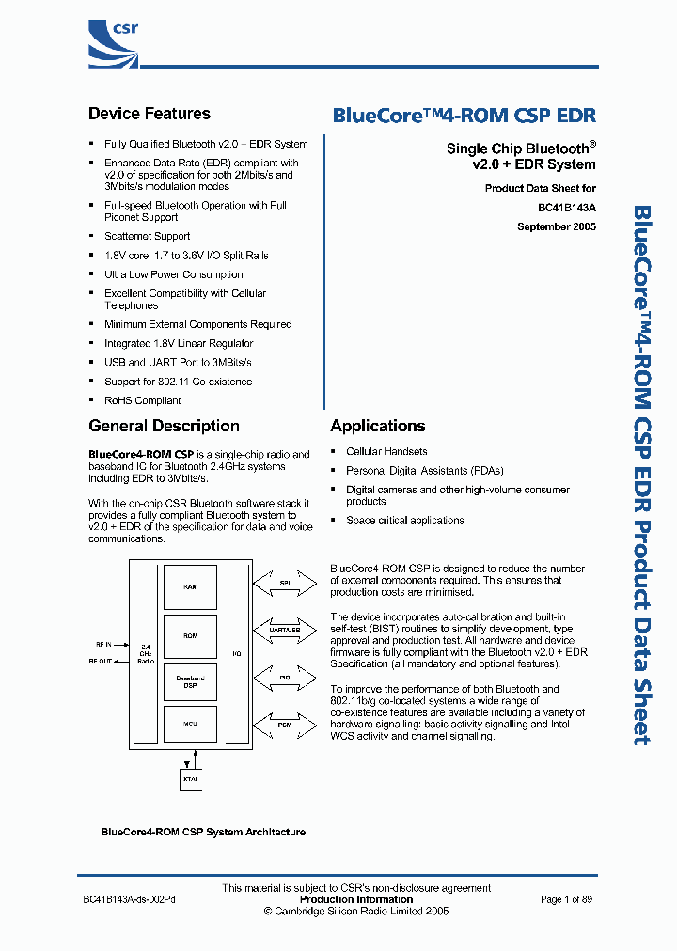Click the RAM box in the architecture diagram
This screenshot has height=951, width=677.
pyautogui.click(x=190, y=586)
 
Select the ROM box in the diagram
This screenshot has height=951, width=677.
pyautogui.click(x=190, y=635)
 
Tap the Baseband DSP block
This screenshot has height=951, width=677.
pyautogui.click(x=190, y=680)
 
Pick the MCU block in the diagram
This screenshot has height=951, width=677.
pyautogui.click(x=190, y=725)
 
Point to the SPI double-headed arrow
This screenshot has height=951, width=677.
pyautogui.click(x=284, y=583)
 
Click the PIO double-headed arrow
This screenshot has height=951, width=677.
pyautogui.click(x=284, y=676)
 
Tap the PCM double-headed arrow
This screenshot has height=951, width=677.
pyautogui.click(x=284, y=725)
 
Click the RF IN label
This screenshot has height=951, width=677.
pyautogui.click(x=103, y=644)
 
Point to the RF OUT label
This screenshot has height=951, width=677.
pyautogui.click(x=101, y=662)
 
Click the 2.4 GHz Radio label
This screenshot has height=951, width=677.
pyautogui.click(x=145, y=653)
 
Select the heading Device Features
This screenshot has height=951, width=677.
pyautogui.click(x=150, y=114)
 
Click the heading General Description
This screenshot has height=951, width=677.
pyautogui.click(x=164, y=426)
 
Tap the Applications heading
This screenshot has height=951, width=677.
pyautogui.click(x=378, y=426)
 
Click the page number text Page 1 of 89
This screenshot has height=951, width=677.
pyautogui.click(x=566, y=899)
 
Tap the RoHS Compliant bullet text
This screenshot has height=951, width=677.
pyautogui.click(x=142, y=400)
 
